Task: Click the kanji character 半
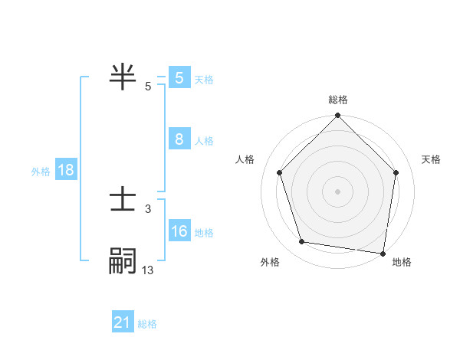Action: coord(123,77)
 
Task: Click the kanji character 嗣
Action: coord(123,261)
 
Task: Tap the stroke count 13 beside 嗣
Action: coord(148,270)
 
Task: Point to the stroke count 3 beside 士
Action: coord(147,208)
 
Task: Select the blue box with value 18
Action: coord(66,170)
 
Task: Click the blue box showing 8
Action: coord(179,139)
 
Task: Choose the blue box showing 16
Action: coord(179,231)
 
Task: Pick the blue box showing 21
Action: coord(123,322)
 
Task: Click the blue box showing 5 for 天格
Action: coord(179,78)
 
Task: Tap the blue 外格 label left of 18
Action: coord(41,172)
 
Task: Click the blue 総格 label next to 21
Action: coord(147,324)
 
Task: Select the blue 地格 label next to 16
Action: coord(204,233)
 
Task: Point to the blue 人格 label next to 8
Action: coord(204,141)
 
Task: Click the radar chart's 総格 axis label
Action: coord(338,100)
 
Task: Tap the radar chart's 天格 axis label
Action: coord(431,159)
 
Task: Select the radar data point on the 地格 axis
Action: coord(383,253)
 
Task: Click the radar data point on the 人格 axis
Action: coord(280,172)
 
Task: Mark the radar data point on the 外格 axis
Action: coord(302,242)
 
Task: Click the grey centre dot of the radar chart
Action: coord(338,191)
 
